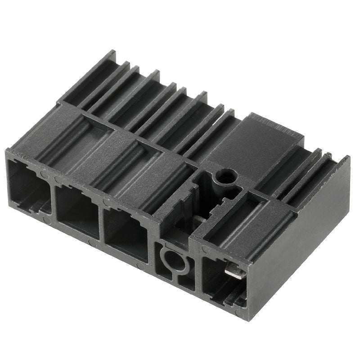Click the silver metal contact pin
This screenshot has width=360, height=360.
click(235, 272)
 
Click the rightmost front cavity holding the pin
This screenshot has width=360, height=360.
click(220, 277)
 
